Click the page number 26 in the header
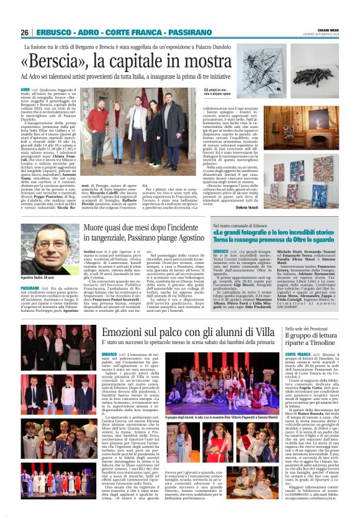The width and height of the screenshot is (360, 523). point(24,32)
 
